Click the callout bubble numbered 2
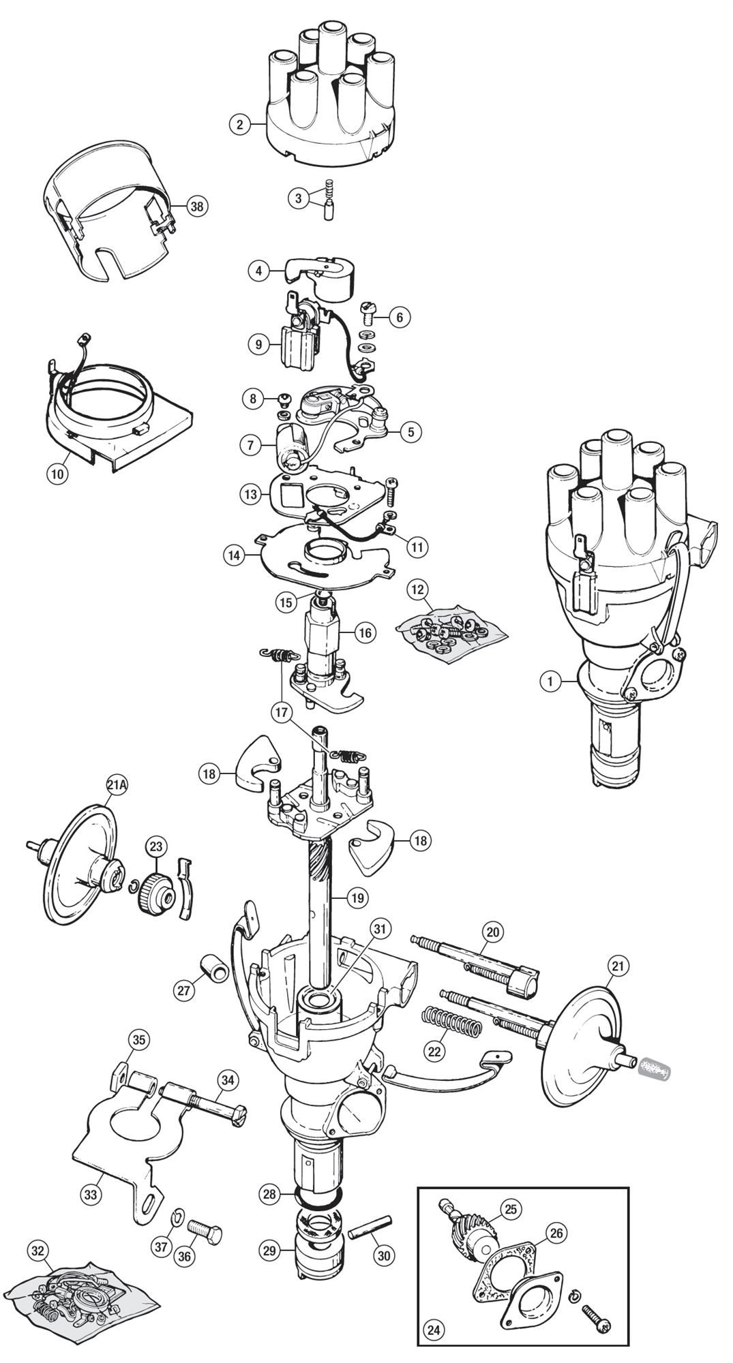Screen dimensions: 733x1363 [239, 124]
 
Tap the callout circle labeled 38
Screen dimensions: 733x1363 [197, 206]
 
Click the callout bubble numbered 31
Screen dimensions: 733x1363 [380, 928]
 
